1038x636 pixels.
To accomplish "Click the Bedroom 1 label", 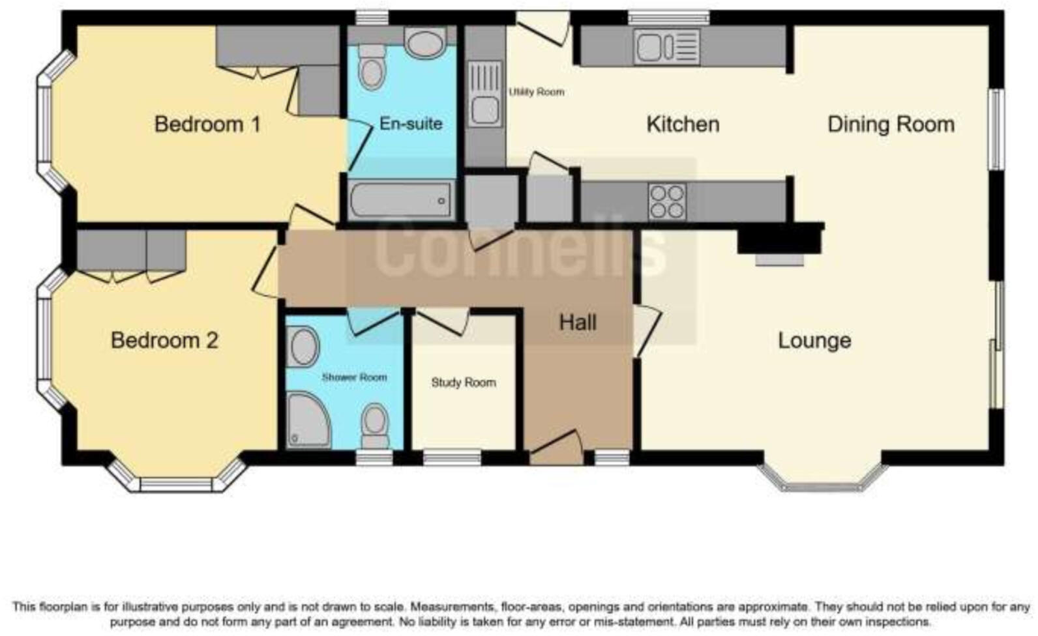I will tap(207, 124).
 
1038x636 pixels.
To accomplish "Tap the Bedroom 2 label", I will tap(164, 340).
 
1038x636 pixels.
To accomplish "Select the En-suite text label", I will tap(411, 124).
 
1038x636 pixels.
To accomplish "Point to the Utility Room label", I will tap(536, 92).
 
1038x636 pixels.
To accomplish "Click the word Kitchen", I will tap(683, 124).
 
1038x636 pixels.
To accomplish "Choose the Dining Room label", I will tap(891, 124).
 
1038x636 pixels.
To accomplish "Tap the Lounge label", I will tap(814, 340).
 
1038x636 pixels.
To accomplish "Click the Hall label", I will tap(578, 323).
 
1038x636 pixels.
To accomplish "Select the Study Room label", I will tap(463, 383).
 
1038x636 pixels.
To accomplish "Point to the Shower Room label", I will tap(354, 377).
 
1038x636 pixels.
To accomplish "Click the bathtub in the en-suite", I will tap(400, 200).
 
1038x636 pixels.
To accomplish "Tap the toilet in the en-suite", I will tap(372, 67).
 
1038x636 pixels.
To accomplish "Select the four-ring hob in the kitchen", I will tap(667, 201).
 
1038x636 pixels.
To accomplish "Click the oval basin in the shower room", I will tap(303, 347).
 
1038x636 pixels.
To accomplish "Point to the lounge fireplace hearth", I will tap(780, 259).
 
